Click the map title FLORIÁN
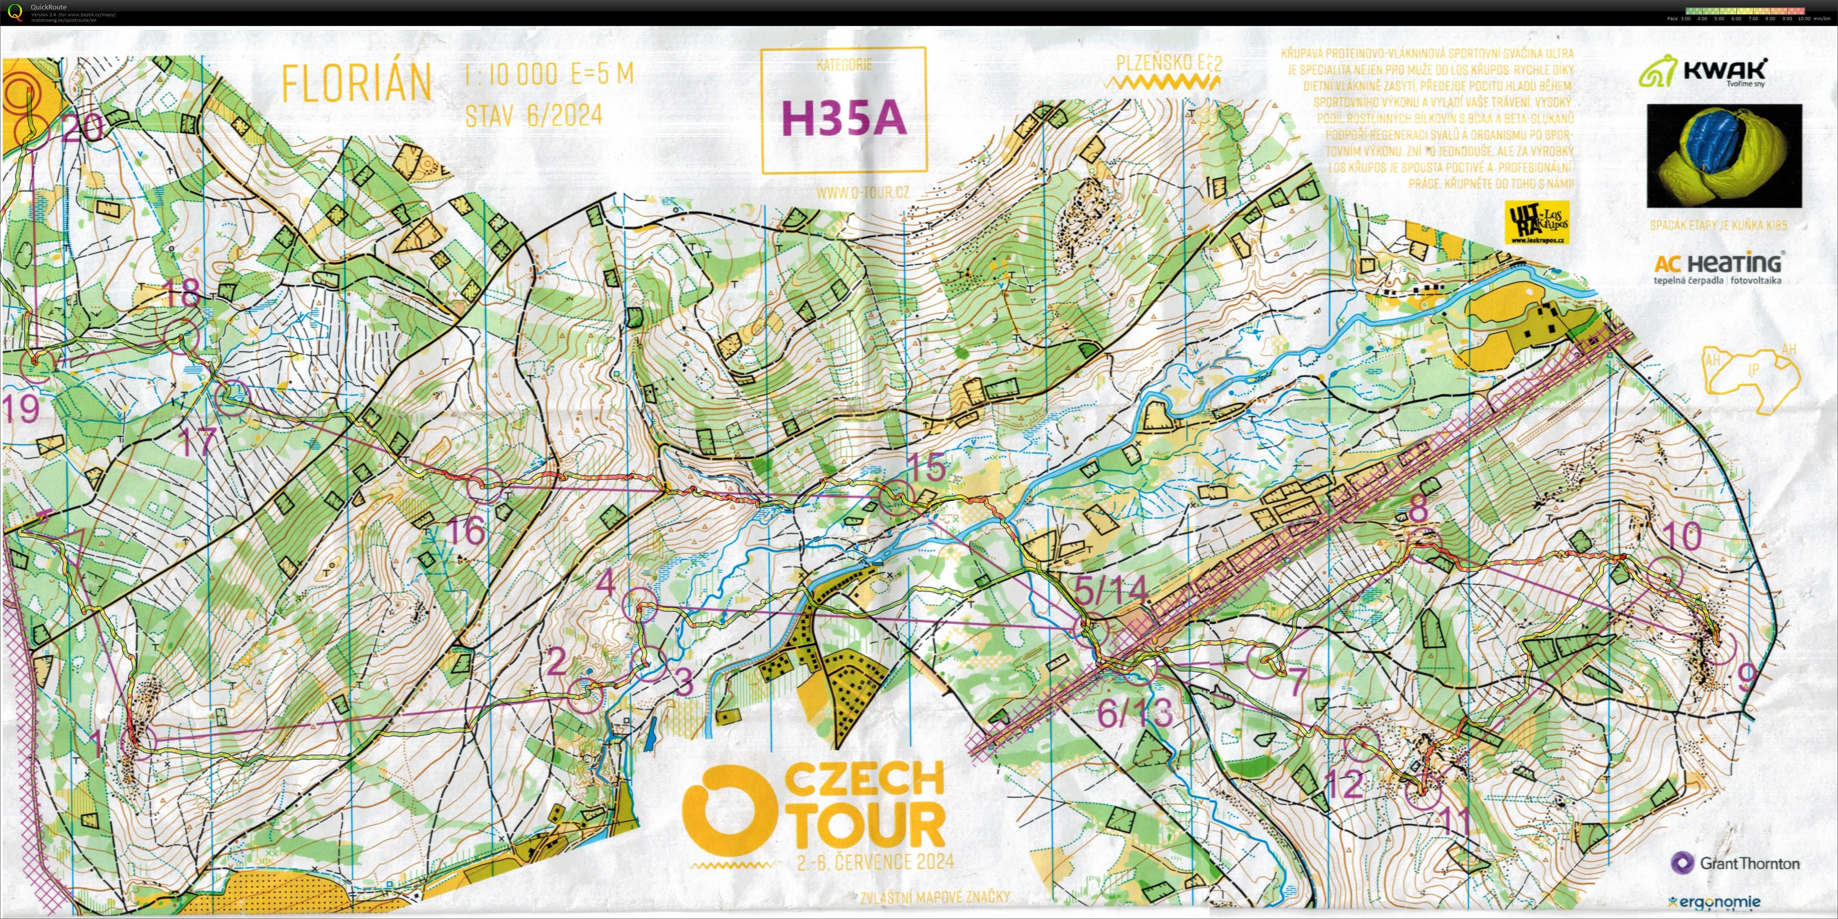(x=357, y=83)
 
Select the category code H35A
(x=844, y=118)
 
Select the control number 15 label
(x=926, y=467)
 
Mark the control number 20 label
(x=83, y=128)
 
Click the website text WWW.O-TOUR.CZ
(x=863, y=192)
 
